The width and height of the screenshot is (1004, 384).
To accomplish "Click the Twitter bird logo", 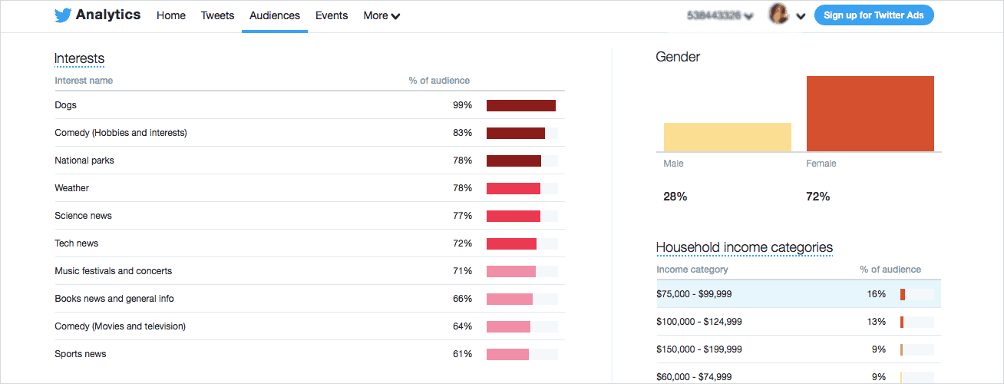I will pos(63,15).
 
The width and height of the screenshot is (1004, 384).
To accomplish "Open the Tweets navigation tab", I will pos(217,15).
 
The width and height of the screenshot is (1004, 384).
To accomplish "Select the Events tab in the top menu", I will pos(332,15).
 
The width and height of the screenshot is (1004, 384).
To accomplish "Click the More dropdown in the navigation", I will pos(381,15).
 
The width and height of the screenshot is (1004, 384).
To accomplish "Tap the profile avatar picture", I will pos(779,15).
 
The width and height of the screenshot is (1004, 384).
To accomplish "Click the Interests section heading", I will pos(79,58).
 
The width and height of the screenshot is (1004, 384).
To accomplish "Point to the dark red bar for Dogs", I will pos(520,105).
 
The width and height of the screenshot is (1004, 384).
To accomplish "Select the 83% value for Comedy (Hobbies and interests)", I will pos(462,133).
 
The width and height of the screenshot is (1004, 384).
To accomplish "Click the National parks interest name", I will pos(84,161).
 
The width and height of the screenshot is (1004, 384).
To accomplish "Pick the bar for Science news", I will pos(513,216).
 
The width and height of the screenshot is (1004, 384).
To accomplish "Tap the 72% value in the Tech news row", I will pos(462,243).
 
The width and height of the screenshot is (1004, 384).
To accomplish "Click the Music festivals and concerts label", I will pos(113,271).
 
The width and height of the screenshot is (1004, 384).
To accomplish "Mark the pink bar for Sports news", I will pos(507,354).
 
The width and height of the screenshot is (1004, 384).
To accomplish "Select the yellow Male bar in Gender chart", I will pos(727,137).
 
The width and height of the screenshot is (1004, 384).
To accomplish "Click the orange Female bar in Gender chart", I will pos(870,114).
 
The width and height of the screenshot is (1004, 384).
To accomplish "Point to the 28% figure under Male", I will pos(675,197).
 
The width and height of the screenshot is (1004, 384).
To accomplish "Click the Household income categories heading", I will pos(744,247).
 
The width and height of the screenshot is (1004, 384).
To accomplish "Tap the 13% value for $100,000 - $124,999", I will pos(877,322).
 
